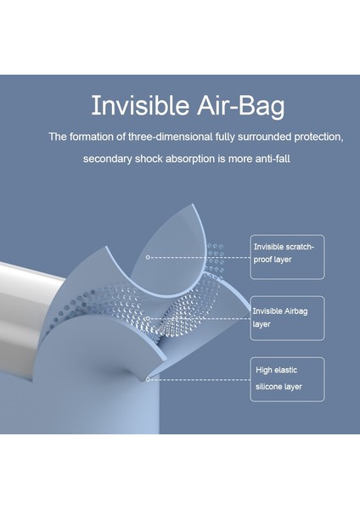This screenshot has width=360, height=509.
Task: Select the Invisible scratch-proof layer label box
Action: coord(286,256)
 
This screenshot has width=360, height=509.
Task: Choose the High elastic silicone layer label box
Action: coord(286,378)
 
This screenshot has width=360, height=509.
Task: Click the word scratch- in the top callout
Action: coord(296,247)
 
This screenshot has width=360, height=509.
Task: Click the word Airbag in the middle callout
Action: coord(293,310)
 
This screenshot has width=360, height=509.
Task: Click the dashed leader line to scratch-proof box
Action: coord(200,256)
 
